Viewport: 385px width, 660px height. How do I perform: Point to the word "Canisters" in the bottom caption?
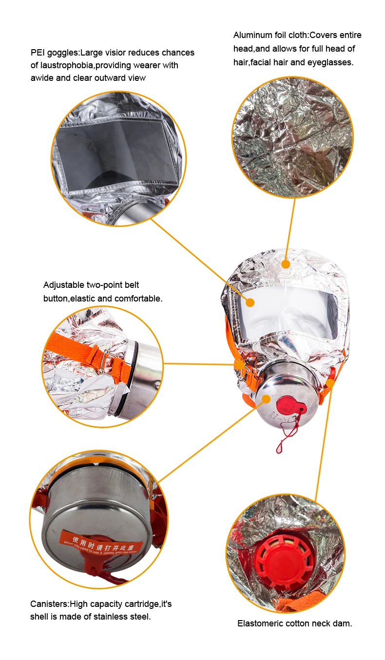click(x=48, y=604)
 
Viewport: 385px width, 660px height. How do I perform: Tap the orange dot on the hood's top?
click(x=286, y=264)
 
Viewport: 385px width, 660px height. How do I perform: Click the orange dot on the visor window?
click(x=250, y=302)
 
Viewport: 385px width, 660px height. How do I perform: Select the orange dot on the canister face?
click(x=266, y=399)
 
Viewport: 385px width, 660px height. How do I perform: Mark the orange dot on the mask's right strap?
click(x=330, y=383)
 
